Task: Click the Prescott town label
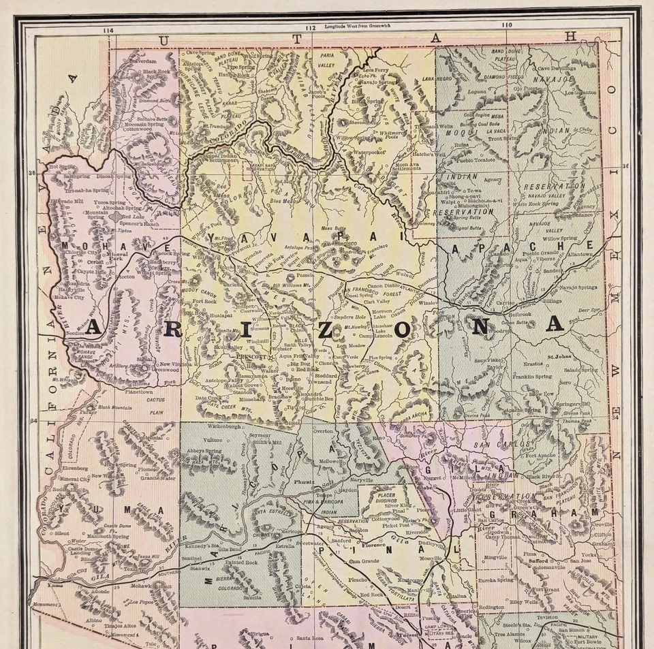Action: (251, 355)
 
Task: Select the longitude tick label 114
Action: (108, 31)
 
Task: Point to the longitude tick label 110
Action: (505, 25)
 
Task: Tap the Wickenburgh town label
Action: (208, 427)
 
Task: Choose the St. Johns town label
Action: (559, 353)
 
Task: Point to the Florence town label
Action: (373, 545)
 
